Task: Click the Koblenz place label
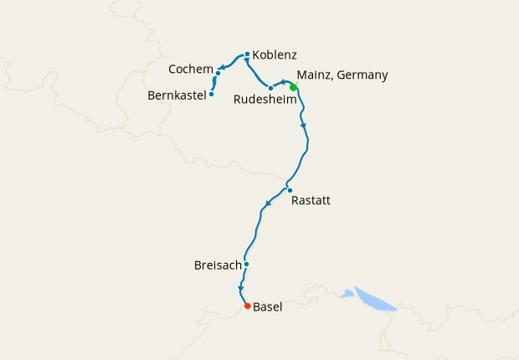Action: [x=275, y=55]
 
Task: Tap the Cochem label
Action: [x=190, y=68]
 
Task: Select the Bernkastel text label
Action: [x=177, y=95]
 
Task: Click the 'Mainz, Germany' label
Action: [x=342, y=75]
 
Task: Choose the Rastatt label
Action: [x=311, y=201]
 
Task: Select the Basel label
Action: [x=267, y=307]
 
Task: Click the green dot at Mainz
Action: [x=293, y=87]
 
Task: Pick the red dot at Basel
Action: [x=247, y=306]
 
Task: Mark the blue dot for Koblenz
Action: [x=247, y=54]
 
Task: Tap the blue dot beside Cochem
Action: [x=218, y=73]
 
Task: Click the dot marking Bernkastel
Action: [x=211, y=94]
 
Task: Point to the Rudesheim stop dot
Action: [x=270, y=88]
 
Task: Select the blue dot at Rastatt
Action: [x=290, y=190]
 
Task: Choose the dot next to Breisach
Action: [x=246, y=265]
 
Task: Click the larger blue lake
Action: [x=374, y=299]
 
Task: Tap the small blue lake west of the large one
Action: [x=347, y=293]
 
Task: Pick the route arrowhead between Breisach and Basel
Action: [x=240, y=289]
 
